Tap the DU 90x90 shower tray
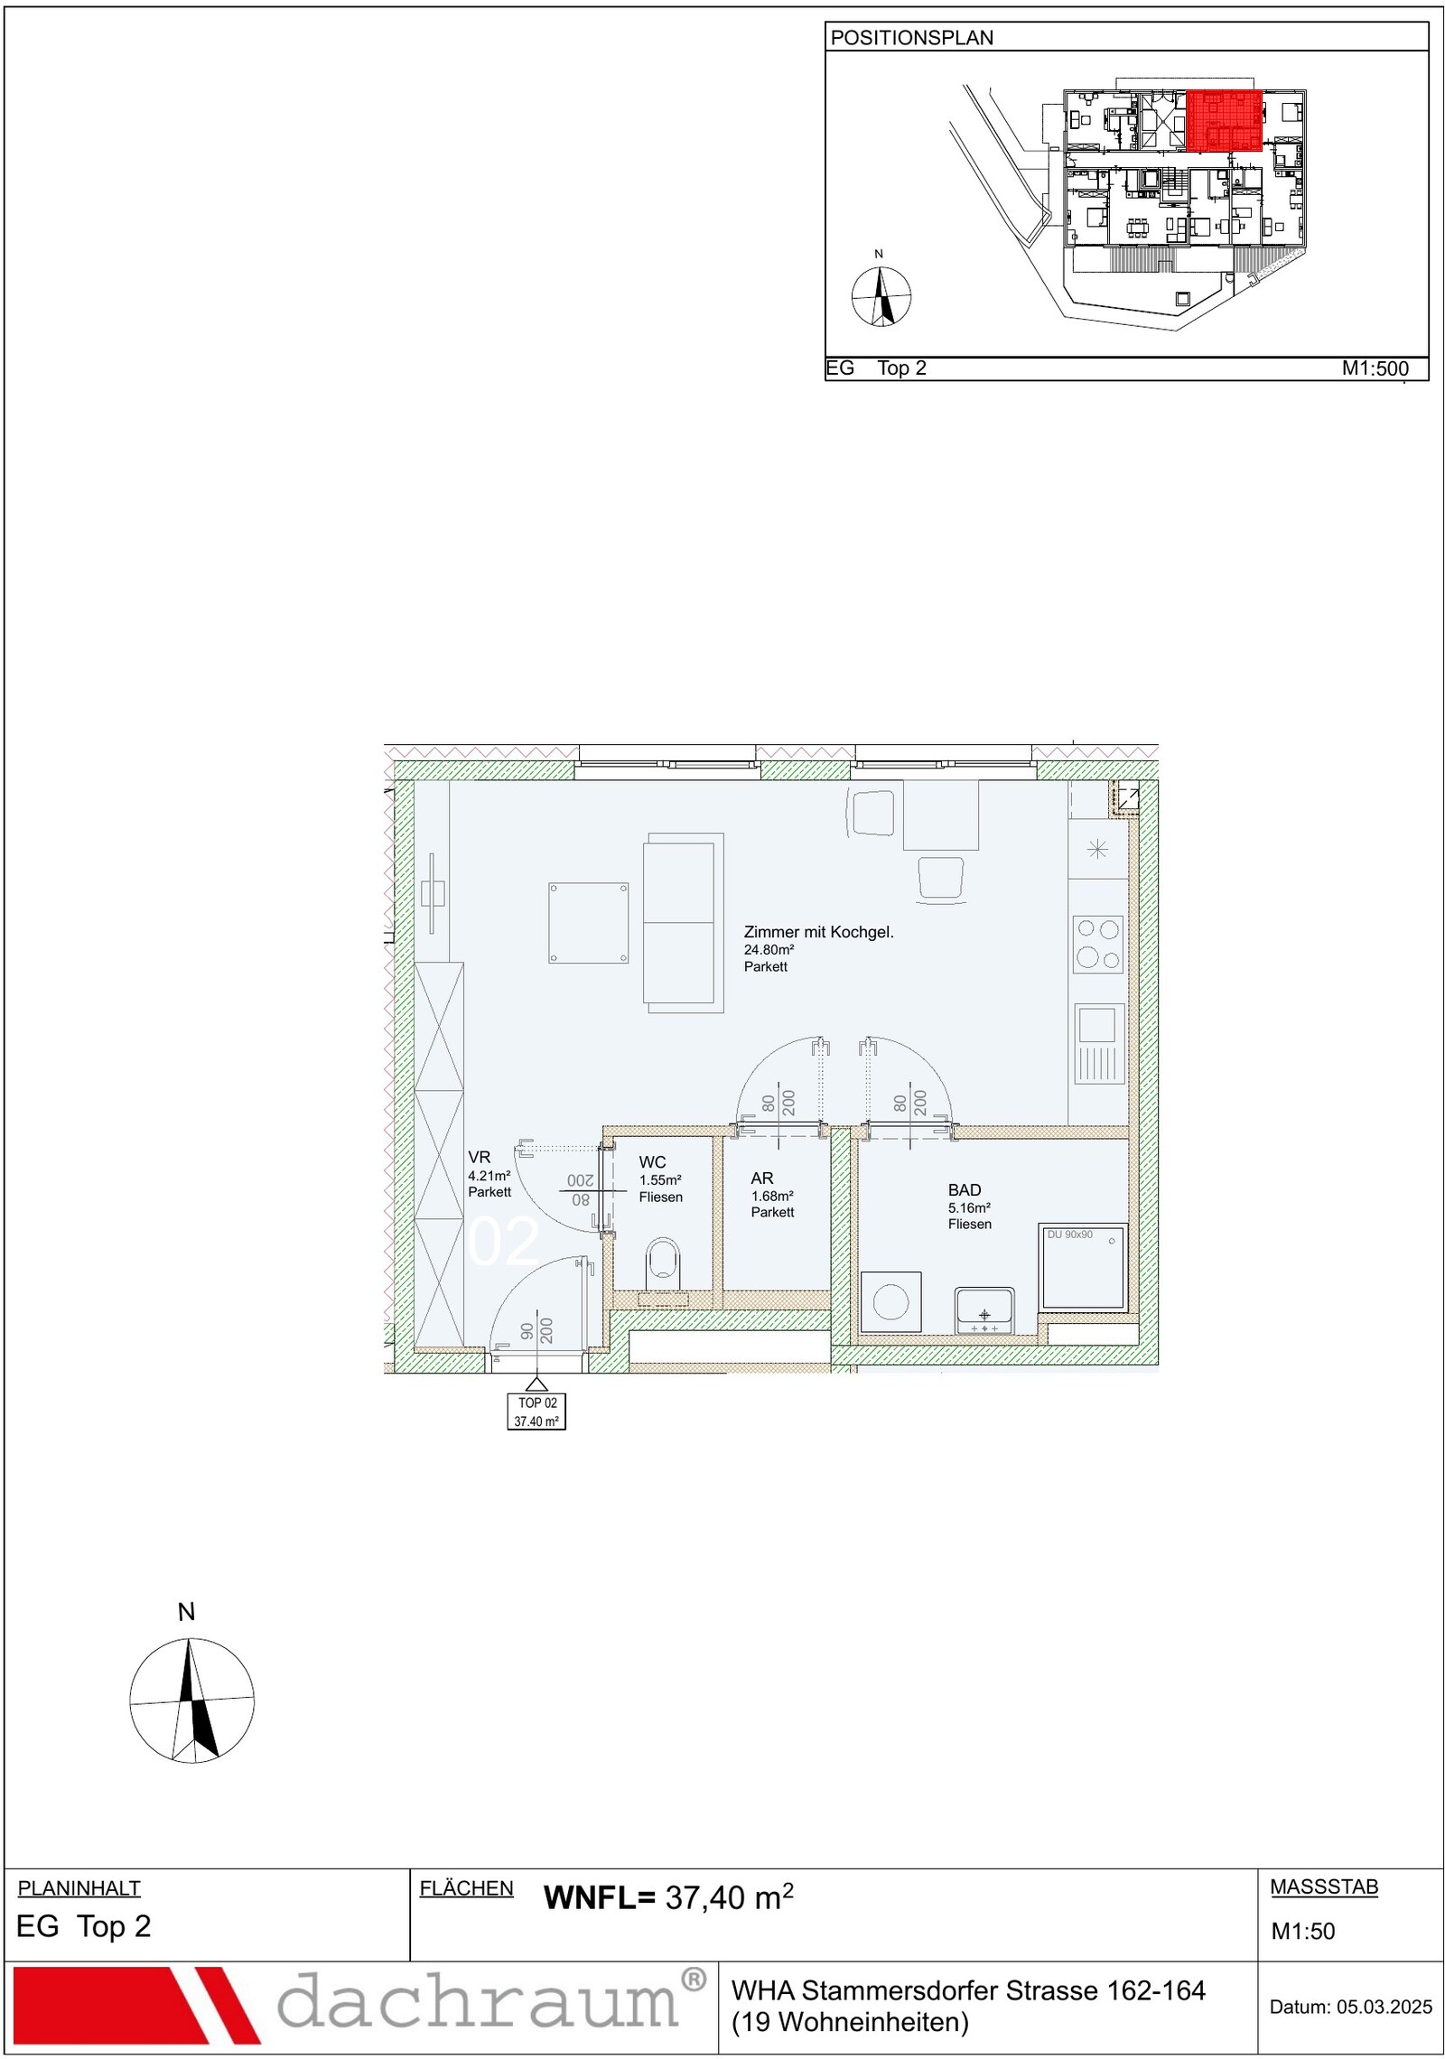tap(1083, 1267)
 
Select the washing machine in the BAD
tap(890, 1302)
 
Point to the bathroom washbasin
tap(984, 1310)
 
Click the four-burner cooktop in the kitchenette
tap(1097, 944)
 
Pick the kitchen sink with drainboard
tap(1099, 1044)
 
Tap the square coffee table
tap(588, 923)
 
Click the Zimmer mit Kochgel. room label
tap(818, 932)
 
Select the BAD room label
tap(965, 1190)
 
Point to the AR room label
tap(761, 1179)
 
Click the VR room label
tap(479, 1157)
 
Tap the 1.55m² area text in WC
tap(660, 1179)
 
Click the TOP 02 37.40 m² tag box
tap(536, 1411)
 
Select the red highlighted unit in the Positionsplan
tap(1224, 120)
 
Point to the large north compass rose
tap(191, 1700)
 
